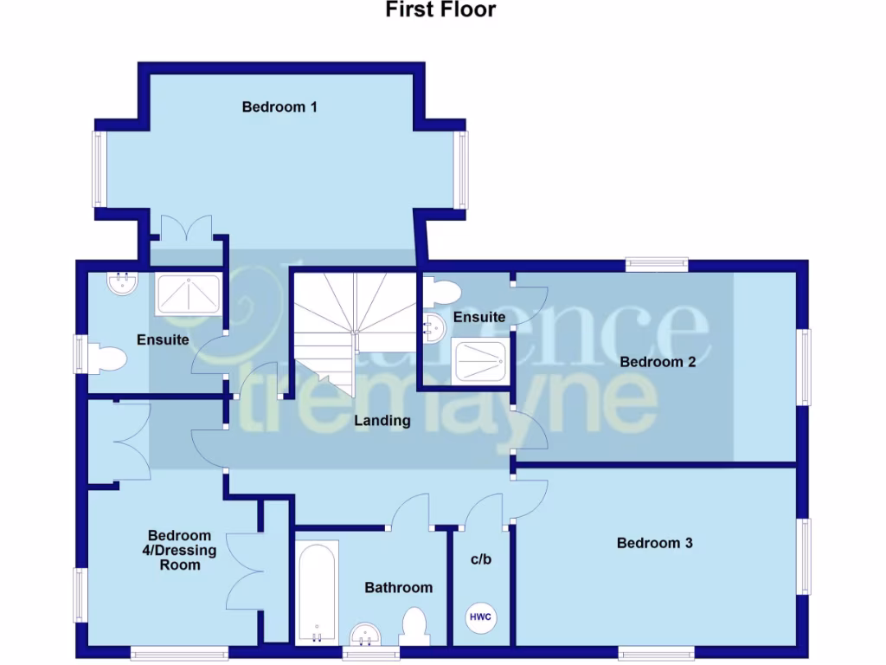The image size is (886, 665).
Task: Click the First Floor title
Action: pyautogui.click(x=440, y=10)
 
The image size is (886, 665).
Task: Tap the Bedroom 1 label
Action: pyautogui.click(x=279, y=107)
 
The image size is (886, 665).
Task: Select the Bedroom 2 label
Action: pyautogui.click(x=658, y=362)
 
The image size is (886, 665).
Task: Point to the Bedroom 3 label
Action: pyautogui.click(x=655, y=543)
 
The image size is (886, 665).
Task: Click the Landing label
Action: pyautogui.click(x=382, y=421)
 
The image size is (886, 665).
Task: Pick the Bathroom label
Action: pyautogui.click(x=398, y=588)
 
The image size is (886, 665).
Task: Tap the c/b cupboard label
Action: pyautogui.click(x=481, y=559)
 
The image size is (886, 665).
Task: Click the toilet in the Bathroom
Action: pyautogui.click(x=415, y=625)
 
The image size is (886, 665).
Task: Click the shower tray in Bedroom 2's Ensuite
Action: pyautogui.click(x=480, y=360)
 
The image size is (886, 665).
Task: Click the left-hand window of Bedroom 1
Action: pyautogui.click(x=99, y=169)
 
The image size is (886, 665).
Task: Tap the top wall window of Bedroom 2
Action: pyautogui.click(x=657, y=264)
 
